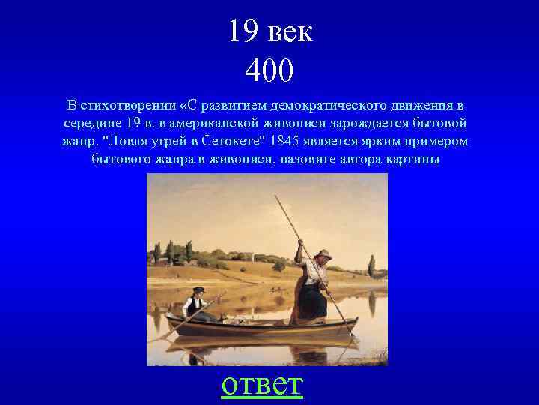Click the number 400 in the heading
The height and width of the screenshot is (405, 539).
(x=269, y=71)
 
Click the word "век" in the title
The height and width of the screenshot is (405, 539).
(x=289, y=31)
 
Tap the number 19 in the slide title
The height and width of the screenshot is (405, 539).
(x=243, y=31)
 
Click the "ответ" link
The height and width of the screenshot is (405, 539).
(x=262, y=384)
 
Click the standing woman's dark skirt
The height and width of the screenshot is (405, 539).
(x=308, y=304)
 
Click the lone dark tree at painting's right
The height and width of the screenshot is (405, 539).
(x=371, y=266)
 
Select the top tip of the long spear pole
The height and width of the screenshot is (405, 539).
(x=275, y=196)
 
